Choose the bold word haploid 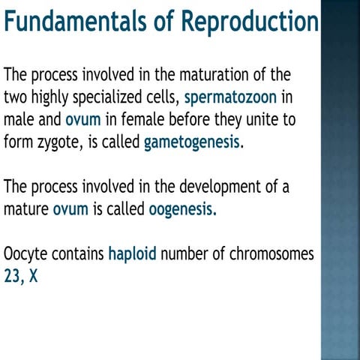coord(132,254)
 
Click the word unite coord(259,119)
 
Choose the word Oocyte coord(25,254)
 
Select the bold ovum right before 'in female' coord(82,119)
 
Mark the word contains coord(77,254)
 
